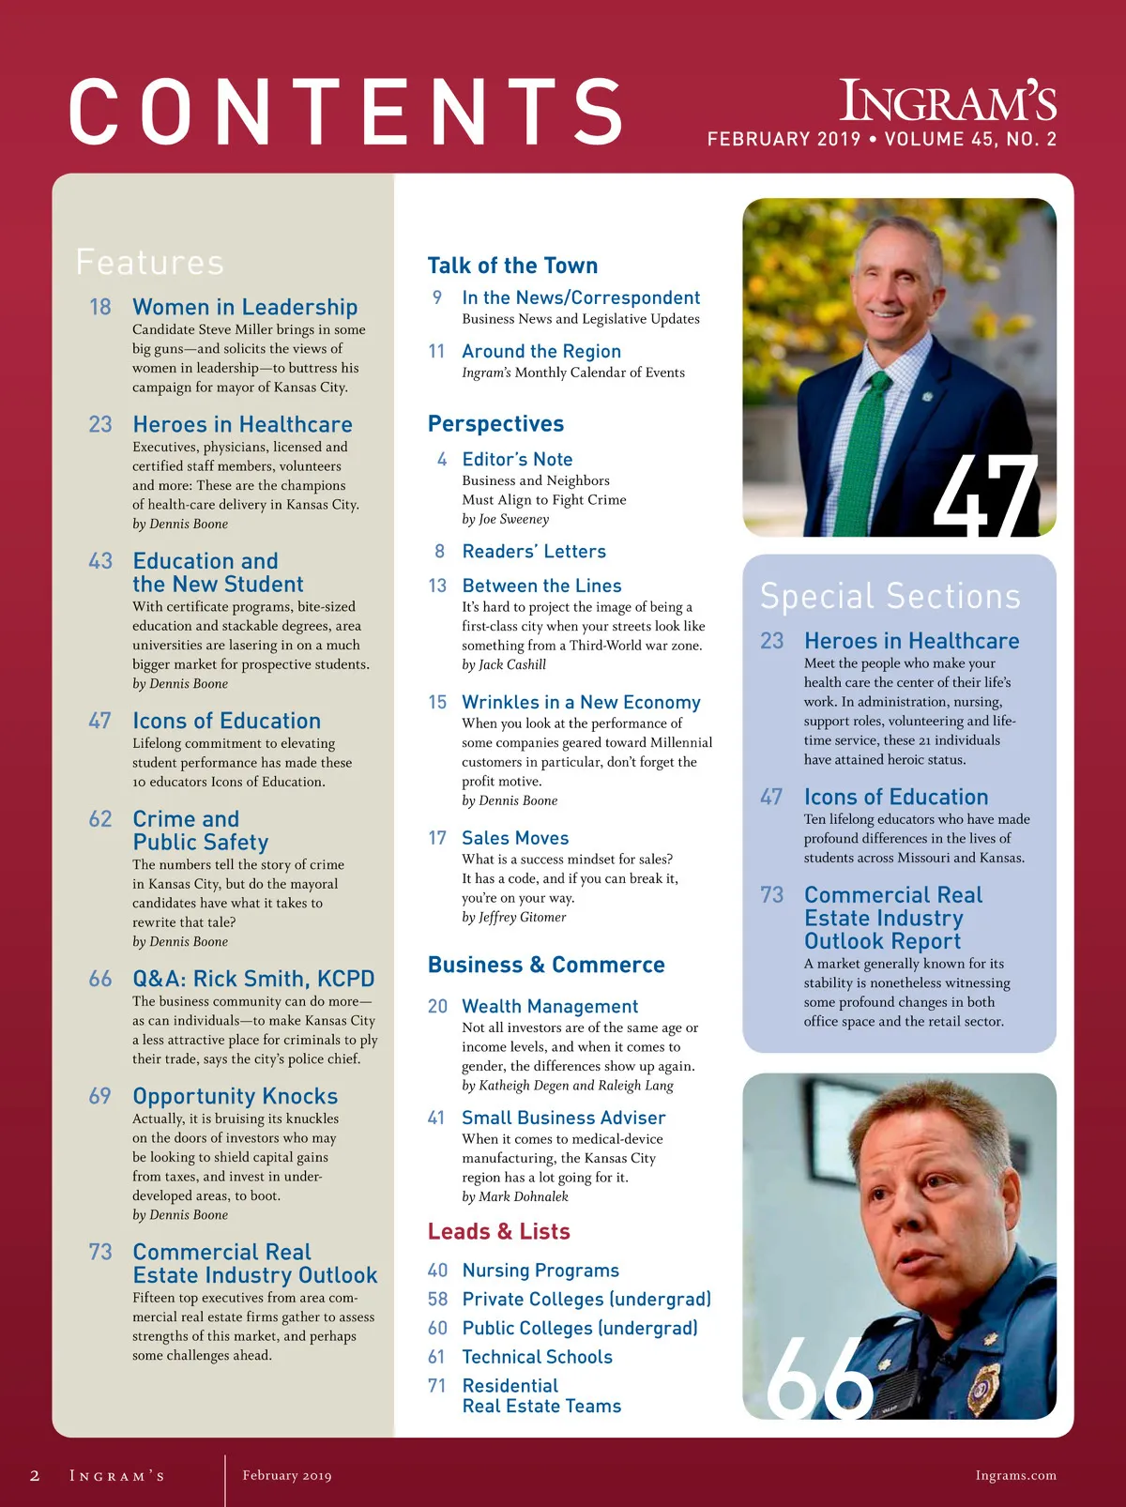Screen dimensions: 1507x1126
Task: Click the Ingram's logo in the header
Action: (x=948, y=101)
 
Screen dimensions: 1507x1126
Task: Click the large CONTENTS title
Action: (x=346, y=113)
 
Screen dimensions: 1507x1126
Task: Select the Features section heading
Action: (x=150, y=262)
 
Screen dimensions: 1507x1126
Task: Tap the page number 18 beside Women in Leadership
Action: (x=100, y=307)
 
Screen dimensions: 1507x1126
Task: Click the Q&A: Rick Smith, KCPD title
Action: (x=253, y=979)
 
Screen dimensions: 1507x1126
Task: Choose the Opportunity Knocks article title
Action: (x=235, y=1096)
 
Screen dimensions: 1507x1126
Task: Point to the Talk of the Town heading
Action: (x=512, y=266)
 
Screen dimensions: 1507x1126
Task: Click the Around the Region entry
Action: (x=541, y=351)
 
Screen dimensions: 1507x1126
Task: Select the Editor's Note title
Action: (x=517, y=459)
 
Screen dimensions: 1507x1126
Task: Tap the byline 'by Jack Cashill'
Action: (x=504, y=664)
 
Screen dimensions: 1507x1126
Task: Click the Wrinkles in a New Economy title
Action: (x=581, y=702)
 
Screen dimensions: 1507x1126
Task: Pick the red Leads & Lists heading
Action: (x=498, y=1231)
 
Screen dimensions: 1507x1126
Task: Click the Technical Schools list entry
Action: (x=537, y=1357)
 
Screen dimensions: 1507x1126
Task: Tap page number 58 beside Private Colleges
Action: (x=437, y=1299)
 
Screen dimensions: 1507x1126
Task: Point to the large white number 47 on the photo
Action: (x=985, y=495)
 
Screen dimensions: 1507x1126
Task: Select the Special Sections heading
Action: (x=890, y=596)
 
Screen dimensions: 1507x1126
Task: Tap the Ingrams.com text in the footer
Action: (x=1015, y=1475)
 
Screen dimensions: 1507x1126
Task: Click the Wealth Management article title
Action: (x=550, y=1006)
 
